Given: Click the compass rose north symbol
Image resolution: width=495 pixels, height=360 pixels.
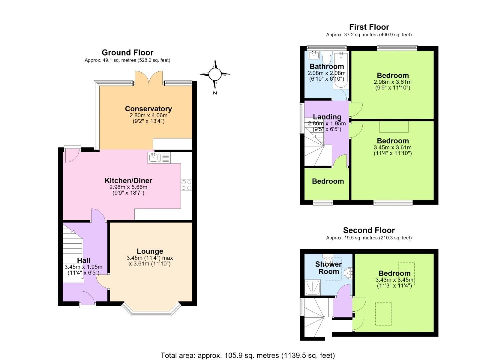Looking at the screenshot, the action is tap(215, 74).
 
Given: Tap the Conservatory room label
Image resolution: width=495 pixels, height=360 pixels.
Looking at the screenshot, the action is tap(149, 109).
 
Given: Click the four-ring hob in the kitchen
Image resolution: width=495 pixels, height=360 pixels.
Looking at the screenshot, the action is tap(186, 185).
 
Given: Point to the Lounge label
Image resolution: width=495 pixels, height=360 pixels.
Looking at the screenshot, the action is tap(150, 251).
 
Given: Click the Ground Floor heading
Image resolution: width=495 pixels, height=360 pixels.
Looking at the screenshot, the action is tap(128, 53).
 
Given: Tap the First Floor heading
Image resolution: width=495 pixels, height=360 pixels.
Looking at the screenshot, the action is tap(369, 27).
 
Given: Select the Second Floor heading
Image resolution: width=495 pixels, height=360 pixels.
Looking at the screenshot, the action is tap(369, 230).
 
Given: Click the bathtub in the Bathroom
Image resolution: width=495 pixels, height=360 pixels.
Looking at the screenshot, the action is tap(341, 70).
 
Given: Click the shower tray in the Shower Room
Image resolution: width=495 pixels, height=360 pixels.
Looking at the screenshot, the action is tap(312, 288).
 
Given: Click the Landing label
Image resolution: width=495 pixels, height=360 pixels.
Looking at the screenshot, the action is tap(327, 117).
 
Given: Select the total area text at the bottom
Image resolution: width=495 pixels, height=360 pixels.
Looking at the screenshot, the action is tap(247, 349).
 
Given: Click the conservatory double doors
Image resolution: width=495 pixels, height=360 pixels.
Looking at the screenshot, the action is tap(149, 78).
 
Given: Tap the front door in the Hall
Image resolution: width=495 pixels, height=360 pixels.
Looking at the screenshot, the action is tap(88, 298).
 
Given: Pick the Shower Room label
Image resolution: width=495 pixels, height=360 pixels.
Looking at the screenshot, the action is tap(329, 268).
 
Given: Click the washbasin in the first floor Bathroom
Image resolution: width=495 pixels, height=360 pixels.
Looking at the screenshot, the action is tap(314, 55).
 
